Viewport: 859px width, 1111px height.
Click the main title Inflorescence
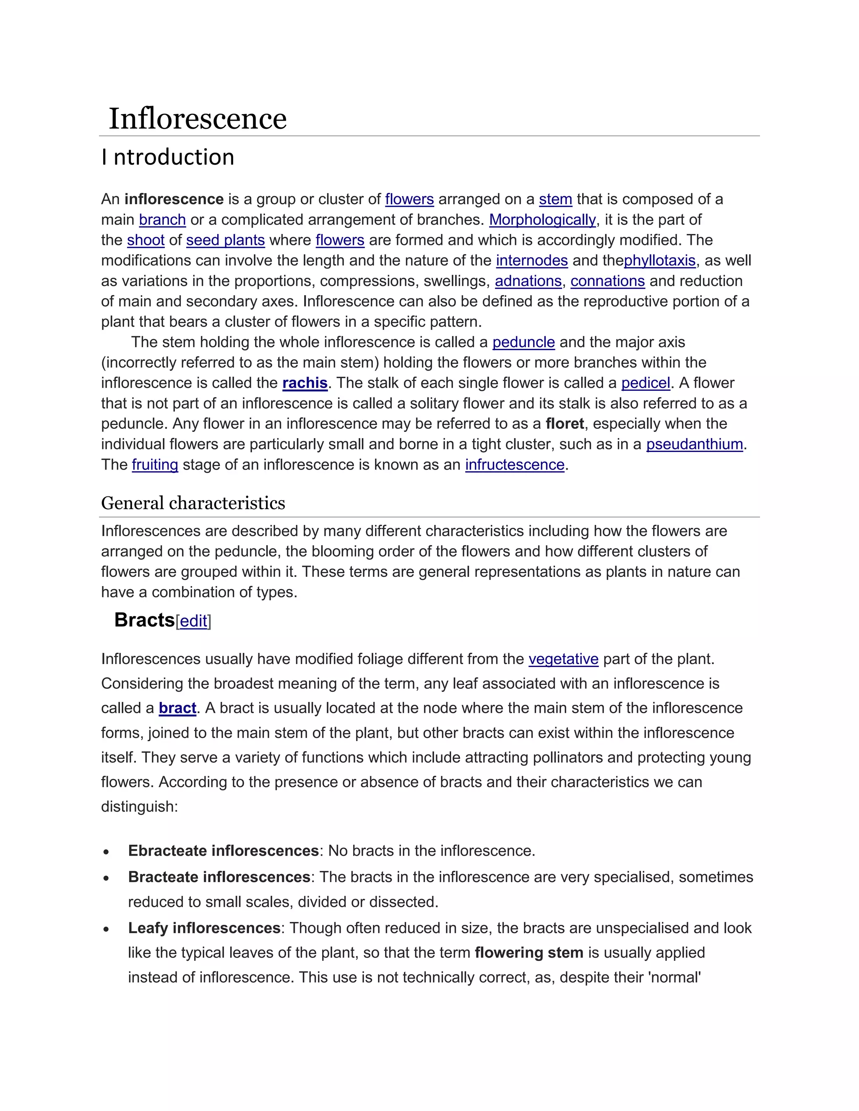198,119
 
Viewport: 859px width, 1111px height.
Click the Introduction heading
168,157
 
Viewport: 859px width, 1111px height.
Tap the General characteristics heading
193,503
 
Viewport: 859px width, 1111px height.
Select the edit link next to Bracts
193,621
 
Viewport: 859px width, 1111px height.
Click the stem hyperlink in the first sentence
555,200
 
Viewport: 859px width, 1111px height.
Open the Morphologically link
542,220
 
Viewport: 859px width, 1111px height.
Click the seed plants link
225,240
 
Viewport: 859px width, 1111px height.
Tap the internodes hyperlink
531,260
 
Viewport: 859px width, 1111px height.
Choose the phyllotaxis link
659,260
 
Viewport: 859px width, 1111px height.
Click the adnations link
528,281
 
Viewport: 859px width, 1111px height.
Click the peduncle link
523,343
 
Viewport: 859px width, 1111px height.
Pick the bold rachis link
305,383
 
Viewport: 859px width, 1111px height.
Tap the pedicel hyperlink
645,383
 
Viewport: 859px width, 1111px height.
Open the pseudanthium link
694,444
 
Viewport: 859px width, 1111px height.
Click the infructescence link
515,465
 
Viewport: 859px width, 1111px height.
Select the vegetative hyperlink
563,659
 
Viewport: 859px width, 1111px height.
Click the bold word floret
565,424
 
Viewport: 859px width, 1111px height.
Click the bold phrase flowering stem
529,953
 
